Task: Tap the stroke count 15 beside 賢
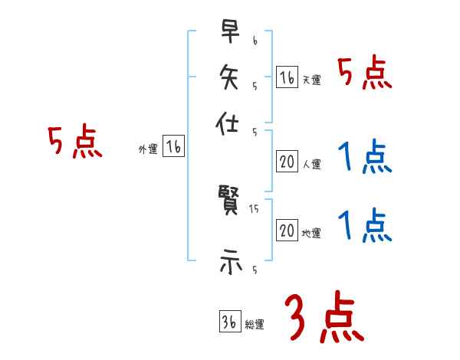point(254,208)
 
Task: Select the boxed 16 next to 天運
point(287,77)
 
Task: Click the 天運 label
point(310,80)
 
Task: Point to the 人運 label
point(310,163)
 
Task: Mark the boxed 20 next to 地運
point(287,231)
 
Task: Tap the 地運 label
point(310,233)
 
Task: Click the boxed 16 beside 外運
point(173,148)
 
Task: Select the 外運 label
point(148,150)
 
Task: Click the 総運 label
point(254,325)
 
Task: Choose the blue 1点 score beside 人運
point(365,158)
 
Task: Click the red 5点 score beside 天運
point(365,74)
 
